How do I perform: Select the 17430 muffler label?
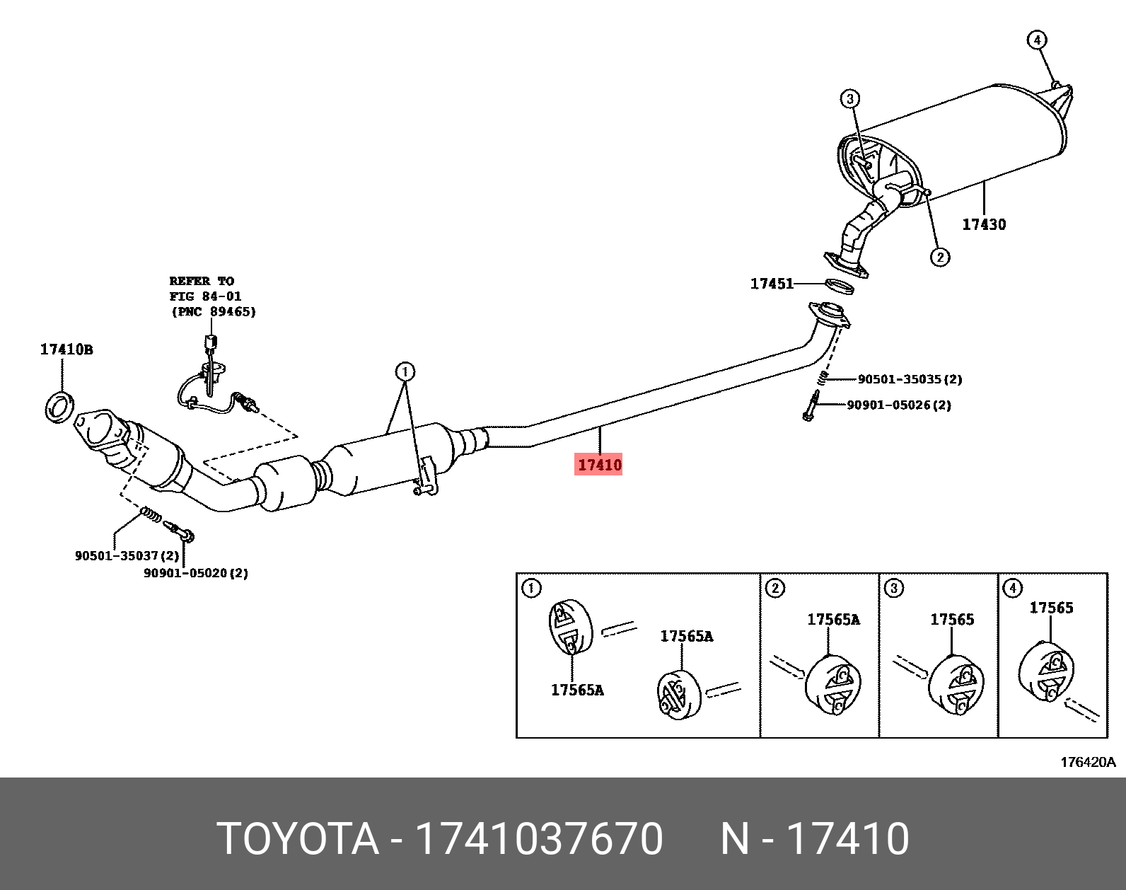983,224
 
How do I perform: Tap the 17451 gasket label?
772,284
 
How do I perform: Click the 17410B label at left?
66,349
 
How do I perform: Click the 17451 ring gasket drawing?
840,286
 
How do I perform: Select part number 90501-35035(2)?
910,379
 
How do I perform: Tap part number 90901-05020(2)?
196,573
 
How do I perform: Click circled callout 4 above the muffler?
1036,40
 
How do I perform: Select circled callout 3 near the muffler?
849,98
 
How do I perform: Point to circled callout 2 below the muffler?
939,257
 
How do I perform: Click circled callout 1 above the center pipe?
405,371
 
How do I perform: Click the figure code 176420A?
1087,762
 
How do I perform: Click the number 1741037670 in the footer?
538,839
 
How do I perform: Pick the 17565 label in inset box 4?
1050,607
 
